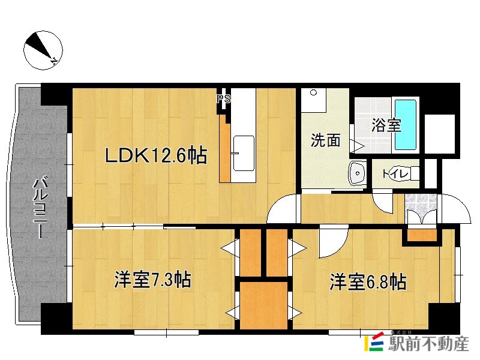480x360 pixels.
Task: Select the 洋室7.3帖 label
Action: click(x=153, y=280)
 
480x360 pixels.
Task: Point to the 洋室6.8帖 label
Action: click(x=367, y=281)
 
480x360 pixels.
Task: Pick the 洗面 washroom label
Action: click(x=325, y=140)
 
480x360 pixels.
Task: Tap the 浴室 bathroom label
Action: click(x=386, y=126)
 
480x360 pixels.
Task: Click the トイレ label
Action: click(x=396, y=174)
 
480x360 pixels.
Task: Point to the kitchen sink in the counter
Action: click(x=243, y=152)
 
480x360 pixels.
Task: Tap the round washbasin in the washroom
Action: click(x=358, y=174)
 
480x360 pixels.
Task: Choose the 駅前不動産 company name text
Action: click(x=428, y=344)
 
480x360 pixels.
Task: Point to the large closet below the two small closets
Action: click(x=264, y=305)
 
